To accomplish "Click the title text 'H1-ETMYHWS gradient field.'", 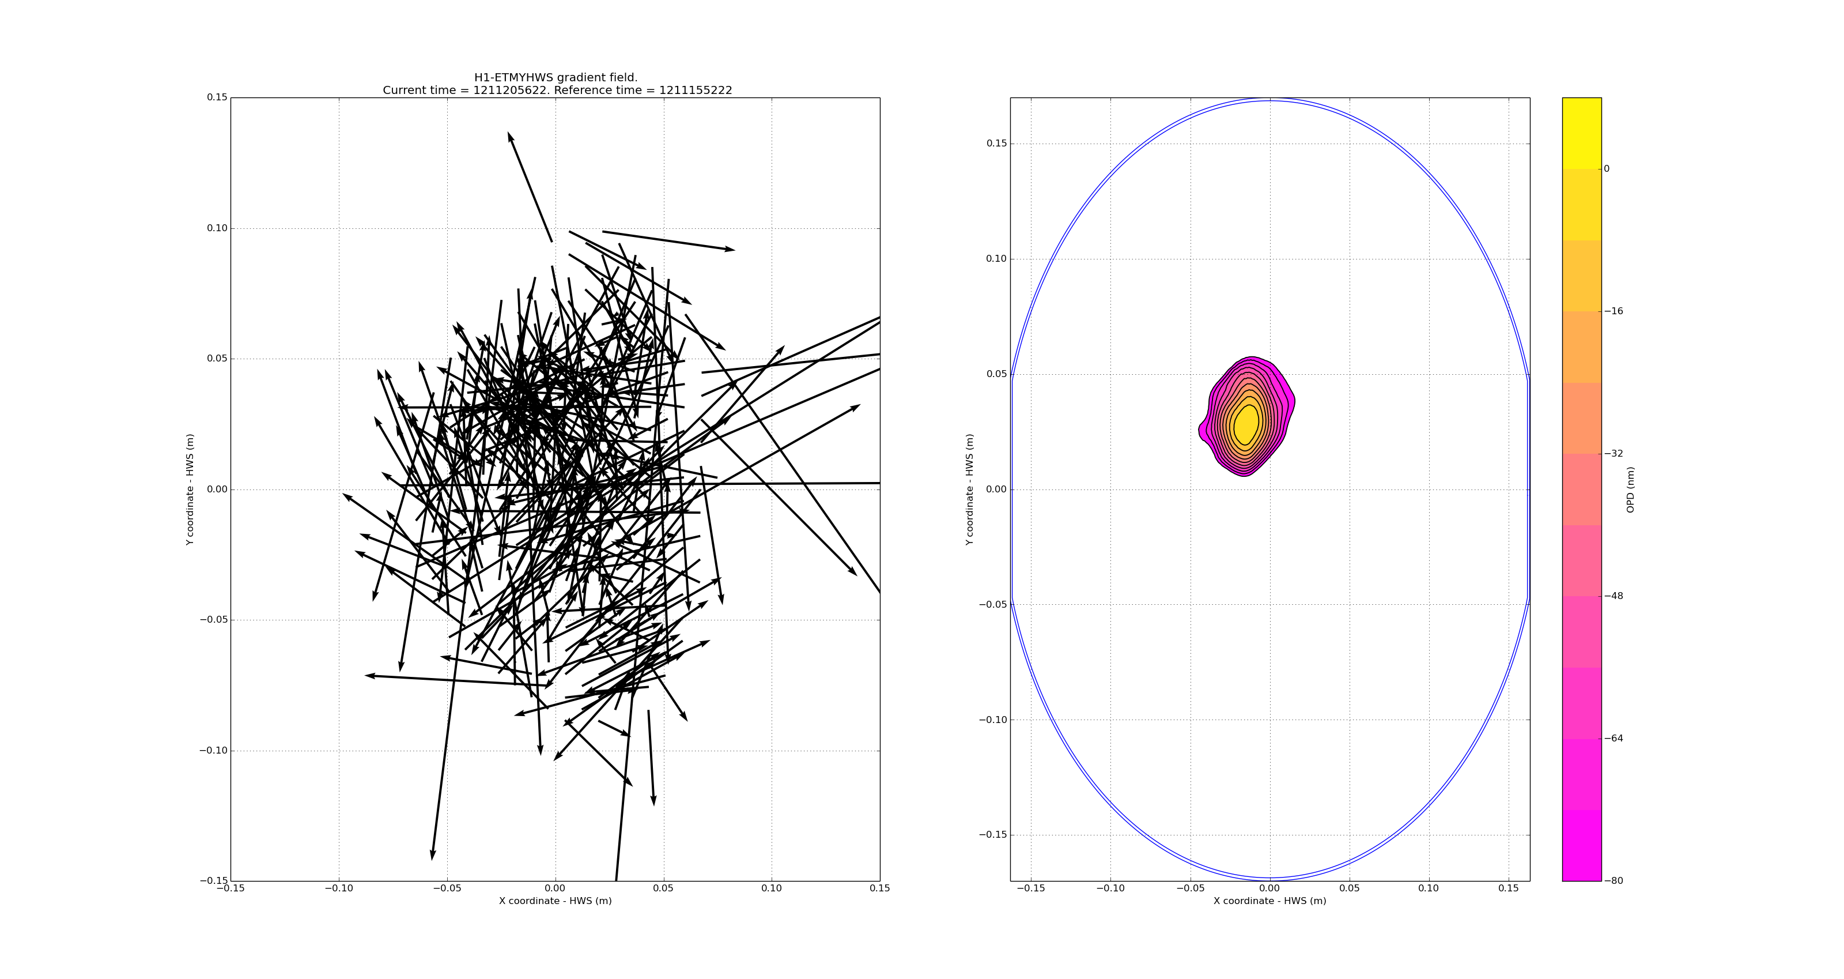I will click(x=556, y=77).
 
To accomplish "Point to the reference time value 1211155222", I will click(x=695, y=91).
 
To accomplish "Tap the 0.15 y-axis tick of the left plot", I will click(x=217, y=97).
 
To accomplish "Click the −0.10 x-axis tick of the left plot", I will click(x=339, y=888).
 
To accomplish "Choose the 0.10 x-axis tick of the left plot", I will click(x=772, y=888).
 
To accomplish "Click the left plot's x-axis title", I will click(x=556, y=901).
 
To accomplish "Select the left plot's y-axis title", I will click(x=190, y=489).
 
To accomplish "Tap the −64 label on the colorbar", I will click(x=1613, y=739).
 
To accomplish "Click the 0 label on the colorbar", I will click(x=1607, y=169).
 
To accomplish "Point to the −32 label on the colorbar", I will click(x=1613, y=453).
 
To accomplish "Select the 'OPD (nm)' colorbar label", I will click(x=1631, y=489).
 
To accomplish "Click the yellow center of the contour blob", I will click(x=1246, y=424).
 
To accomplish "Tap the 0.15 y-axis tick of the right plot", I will click(x=996, y=143).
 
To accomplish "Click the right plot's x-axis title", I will click(x=1269, y=901).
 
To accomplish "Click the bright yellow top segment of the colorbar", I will click(x=1581, y=133).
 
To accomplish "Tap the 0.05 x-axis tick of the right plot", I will click(x=1350, y=888).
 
